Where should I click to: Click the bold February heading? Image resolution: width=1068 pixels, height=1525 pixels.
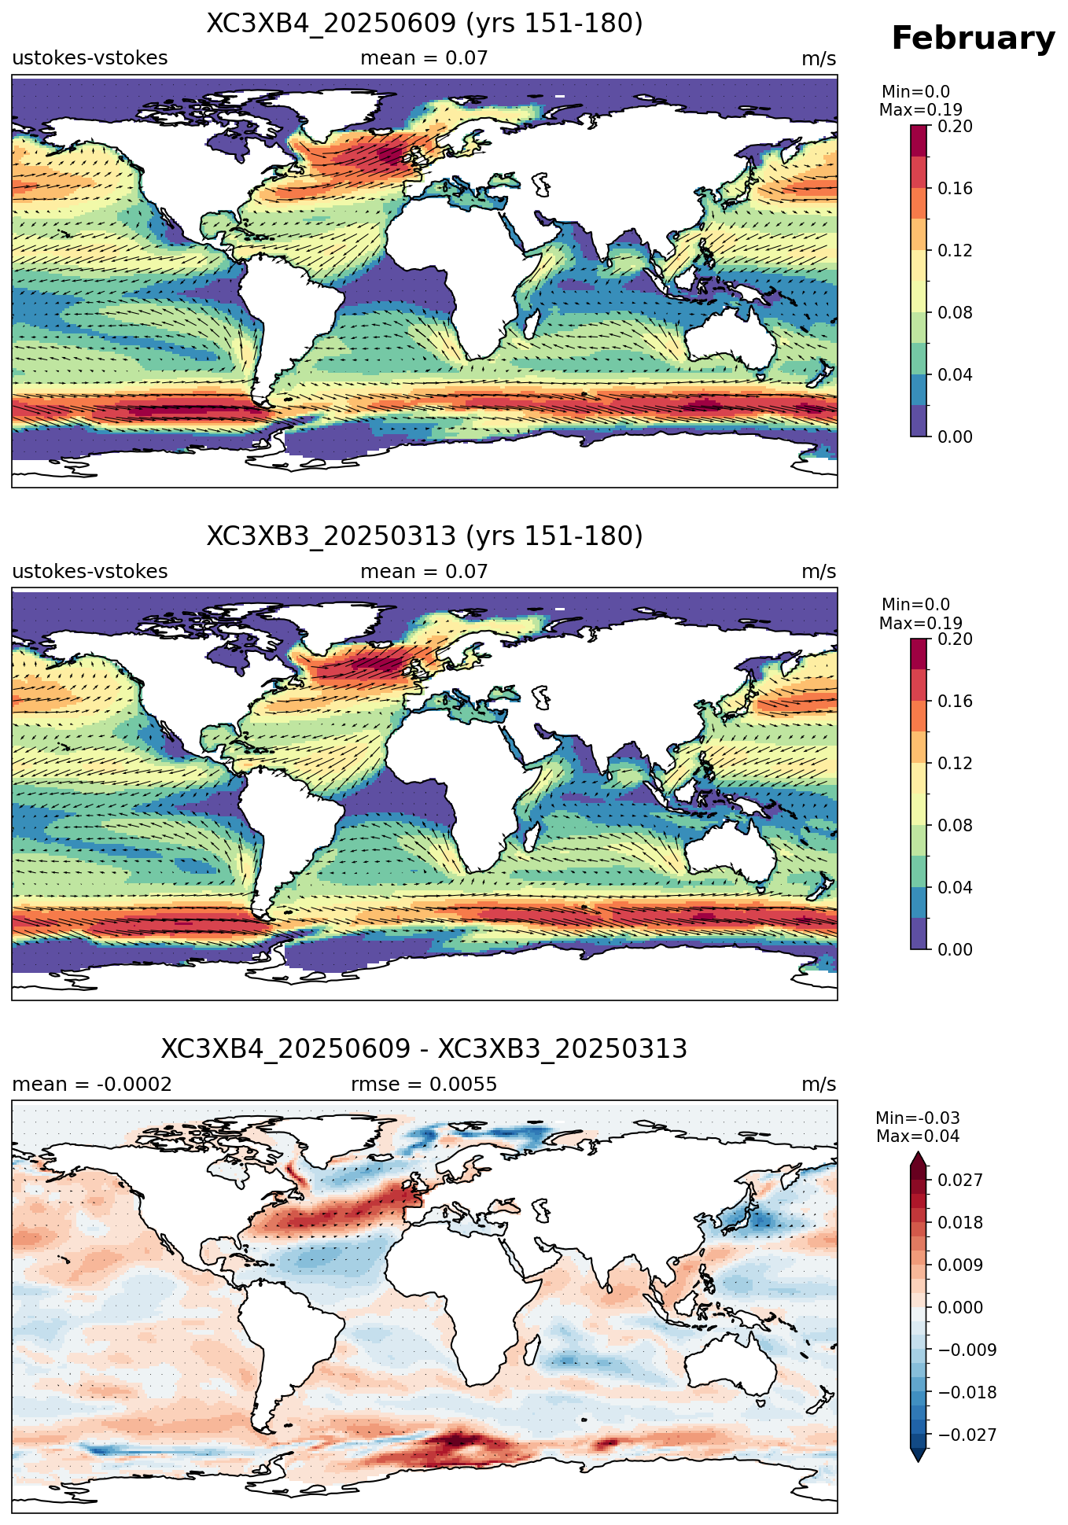[973, 39]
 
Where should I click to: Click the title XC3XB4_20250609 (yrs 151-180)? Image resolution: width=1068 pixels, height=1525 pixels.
[425, 24]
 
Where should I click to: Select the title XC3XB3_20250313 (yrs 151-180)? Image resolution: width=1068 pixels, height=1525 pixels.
[425, 536]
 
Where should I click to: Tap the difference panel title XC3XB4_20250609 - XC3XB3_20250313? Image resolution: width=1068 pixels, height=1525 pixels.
[425, 1049]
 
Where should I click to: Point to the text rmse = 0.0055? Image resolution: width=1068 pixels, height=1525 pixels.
[424, 1085]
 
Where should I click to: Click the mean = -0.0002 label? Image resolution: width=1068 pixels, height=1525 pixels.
[92, 1085]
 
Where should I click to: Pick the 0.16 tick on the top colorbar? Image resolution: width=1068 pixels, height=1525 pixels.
[955, 188]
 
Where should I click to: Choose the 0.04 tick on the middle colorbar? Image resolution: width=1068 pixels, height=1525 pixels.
[955, 887]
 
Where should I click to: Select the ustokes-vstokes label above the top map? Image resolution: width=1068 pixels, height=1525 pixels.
[90, 58]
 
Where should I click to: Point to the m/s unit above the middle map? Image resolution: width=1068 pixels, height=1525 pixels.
[819, 572]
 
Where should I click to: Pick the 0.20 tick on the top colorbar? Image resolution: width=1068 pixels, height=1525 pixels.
[955, 126]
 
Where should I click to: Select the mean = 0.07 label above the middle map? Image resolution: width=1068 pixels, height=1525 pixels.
[424, 572]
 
